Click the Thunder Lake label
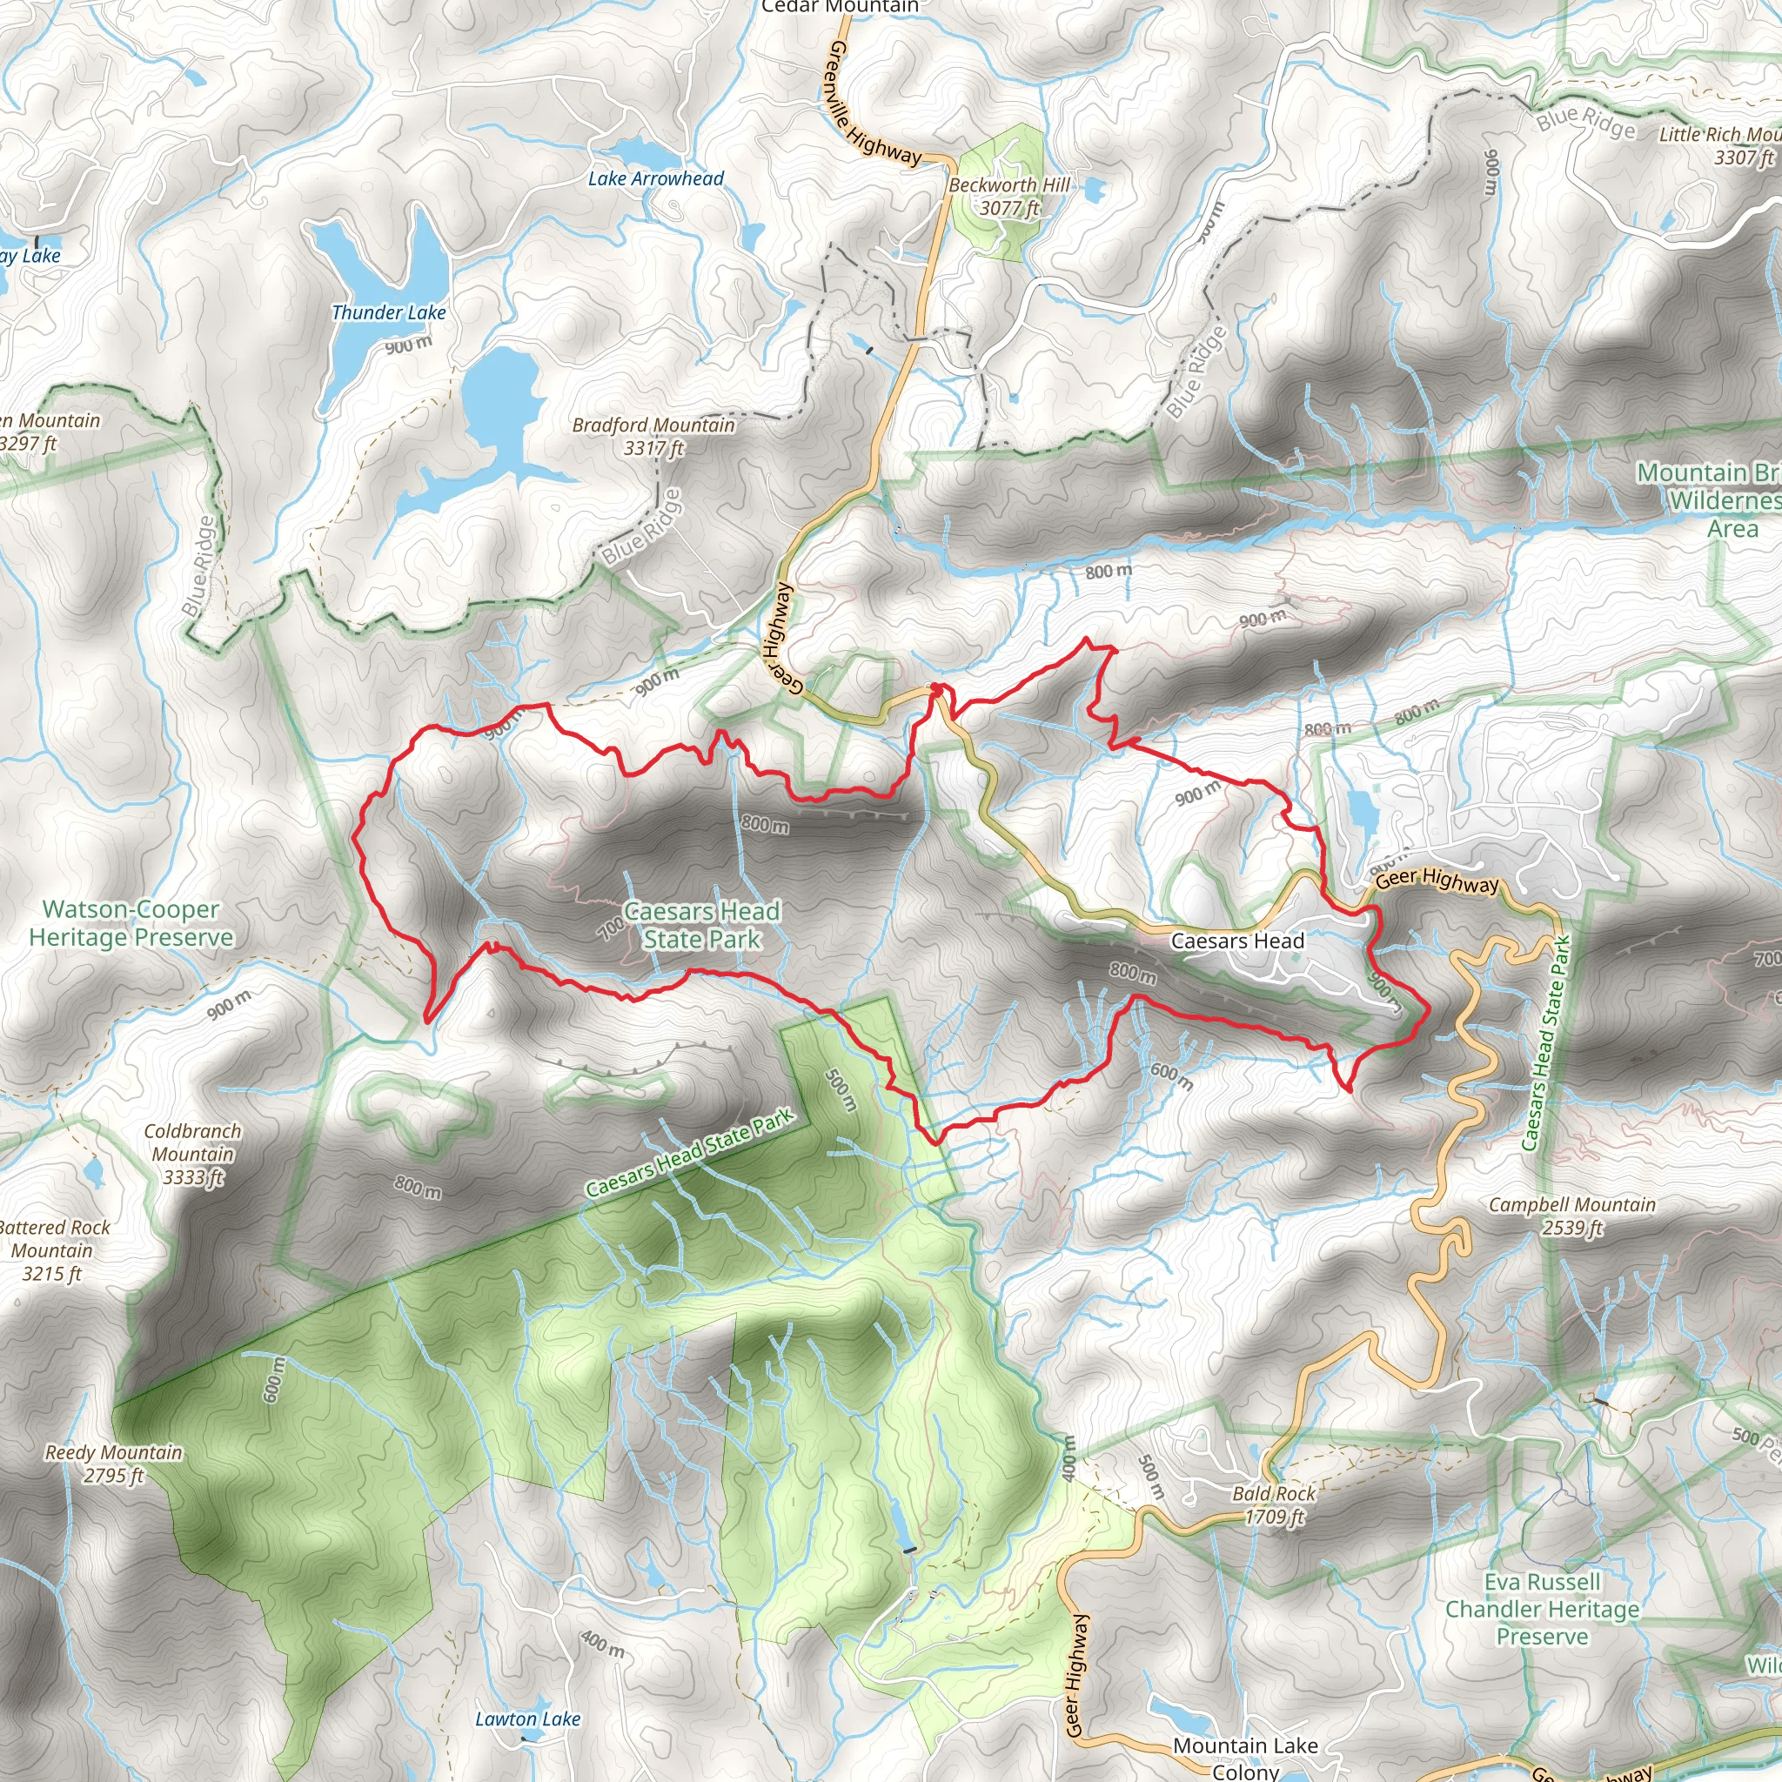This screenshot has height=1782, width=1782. coord(388,313)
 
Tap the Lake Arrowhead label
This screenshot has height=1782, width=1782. coord(656,179)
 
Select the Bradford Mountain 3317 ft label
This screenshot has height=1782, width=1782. coord(653,436)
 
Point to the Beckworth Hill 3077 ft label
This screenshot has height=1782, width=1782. coord(1009,197)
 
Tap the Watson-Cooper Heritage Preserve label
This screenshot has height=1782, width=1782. coord(131,923)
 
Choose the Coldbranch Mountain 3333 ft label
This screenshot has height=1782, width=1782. coord(193,1153)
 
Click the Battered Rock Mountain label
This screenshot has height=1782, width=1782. coord(53,1249)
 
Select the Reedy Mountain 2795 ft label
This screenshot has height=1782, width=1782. coord(113,1464)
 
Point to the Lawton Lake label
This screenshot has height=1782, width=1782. coord(527,1719)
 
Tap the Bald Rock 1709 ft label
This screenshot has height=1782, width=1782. coord(1274,1504)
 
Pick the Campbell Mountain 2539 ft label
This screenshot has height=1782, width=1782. coord(1571,1216)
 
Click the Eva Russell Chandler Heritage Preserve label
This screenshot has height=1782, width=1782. coord(1541,1609)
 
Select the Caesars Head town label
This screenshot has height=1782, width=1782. coord(1237,941)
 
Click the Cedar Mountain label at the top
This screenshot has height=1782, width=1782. coord(840,7)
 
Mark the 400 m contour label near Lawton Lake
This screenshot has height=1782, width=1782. coord(602,1643)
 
